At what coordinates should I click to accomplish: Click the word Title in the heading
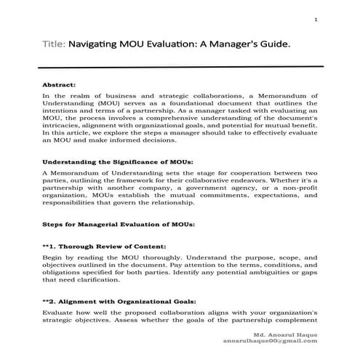tap(53, 44)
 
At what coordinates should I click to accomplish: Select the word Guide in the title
tap(275, 44)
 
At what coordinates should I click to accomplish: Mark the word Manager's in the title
tap(233, 44)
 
